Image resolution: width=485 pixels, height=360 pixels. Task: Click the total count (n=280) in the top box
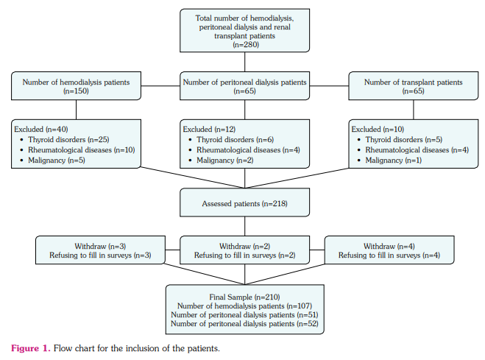click(x=244, y=46)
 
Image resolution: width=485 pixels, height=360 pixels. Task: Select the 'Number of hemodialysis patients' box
click(x=77, y=86)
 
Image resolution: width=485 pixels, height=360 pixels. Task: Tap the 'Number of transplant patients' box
click(x=413, y=86)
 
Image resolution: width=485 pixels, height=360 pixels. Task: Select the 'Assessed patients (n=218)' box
click(x=244, y=203)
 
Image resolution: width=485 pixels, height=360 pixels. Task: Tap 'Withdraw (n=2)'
click(x=244, y=245)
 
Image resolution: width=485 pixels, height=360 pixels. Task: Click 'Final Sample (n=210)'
click(x=244, y=295)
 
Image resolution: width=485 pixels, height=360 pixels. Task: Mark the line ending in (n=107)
click(x=244, y=305)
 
